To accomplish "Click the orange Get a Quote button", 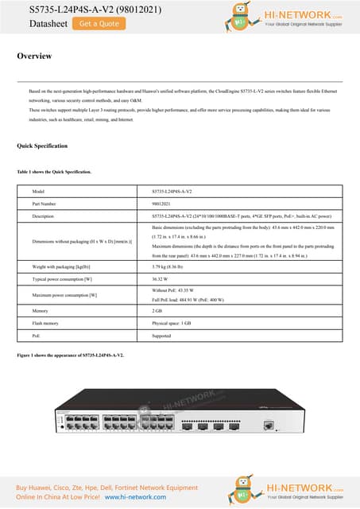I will tap(99, 24).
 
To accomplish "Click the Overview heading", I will tap(35, 56).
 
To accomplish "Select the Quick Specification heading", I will tap(42, 146).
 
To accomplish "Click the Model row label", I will tap(38, 192).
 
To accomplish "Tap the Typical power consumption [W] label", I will tap(62, 280).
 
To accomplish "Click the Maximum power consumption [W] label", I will tap(64, 295).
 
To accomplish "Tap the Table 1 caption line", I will tap(54, 172).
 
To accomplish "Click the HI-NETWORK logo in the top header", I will tap(286, 17).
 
